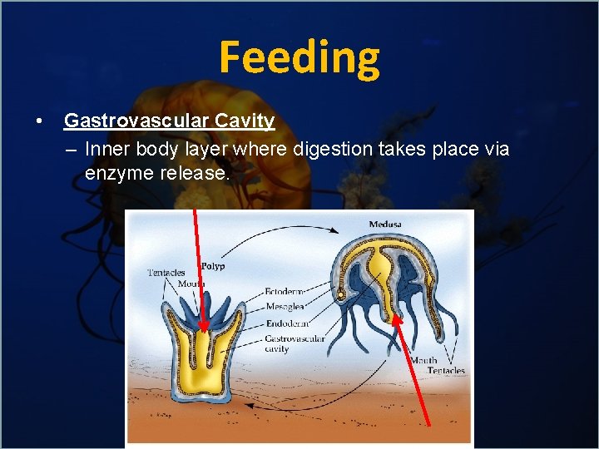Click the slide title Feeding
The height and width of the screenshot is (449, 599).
299,58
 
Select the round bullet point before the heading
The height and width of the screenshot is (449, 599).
39,121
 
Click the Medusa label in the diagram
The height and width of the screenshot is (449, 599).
384,224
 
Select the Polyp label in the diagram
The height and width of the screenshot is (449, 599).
213,266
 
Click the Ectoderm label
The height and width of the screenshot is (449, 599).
285,292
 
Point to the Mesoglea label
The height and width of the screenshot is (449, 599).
285,307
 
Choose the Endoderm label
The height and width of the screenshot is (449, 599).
287,323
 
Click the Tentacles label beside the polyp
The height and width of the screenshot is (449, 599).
166,273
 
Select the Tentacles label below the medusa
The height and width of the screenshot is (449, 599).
446,370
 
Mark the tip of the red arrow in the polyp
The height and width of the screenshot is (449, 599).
203,330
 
